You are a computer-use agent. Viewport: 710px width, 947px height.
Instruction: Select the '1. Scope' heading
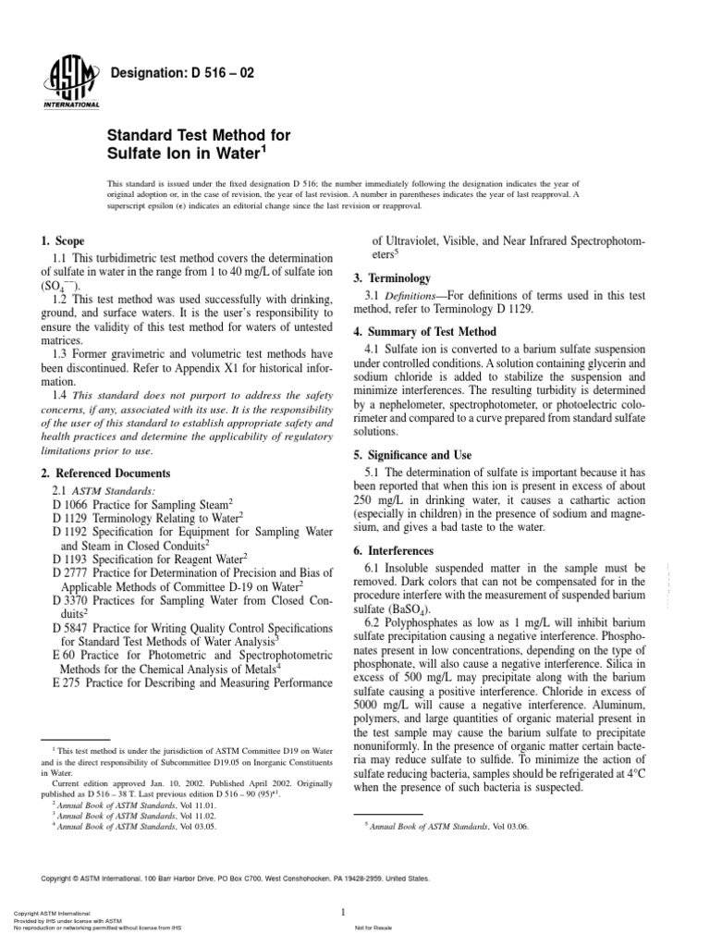click(63, 240)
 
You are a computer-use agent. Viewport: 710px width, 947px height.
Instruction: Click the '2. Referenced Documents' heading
click(106, 473)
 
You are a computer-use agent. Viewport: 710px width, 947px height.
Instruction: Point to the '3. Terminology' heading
click(393, 277)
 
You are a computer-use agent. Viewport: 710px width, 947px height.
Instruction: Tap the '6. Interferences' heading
click(398, 550)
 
